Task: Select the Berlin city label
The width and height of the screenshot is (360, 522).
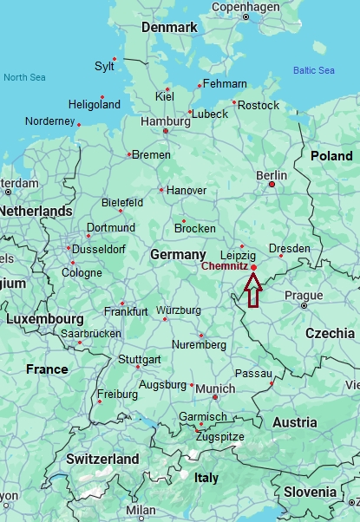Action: coord(272,175)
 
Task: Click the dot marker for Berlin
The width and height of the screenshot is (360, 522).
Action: coord(272,184)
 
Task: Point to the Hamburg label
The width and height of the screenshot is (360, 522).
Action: coord(165,122)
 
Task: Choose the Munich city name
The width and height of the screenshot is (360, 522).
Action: coord(215,388)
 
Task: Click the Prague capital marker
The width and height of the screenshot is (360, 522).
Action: coord(304,305)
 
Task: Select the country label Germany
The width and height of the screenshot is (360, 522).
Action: coord(178,255)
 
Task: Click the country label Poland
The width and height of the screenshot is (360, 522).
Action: coord(331,156)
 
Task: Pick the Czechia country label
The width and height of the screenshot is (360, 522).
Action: coord(330,333)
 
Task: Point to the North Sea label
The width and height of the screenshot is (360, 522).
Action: coord(23,77)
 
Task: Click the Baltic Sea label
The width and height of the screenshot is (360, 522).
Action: coord(313,70)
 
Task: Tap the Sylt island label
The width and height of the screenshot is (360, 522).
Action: coord(104,66)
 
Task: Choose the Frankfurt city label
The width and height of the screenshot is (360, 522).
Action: coord(126,311)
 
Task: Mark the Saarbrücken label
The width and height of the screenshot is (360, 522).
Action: coord(91,333)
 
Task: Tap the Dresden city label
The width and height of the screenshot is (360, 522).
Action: coord(289,248)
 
